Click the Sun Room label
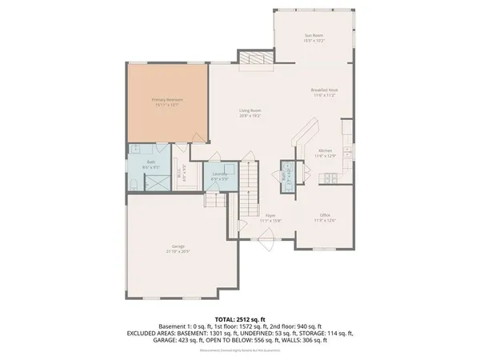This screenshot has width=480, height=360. (313, 35)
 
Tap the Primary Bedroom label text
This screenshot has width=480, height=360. (166, 100)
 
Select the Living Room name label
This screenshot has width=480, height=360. (250, 110)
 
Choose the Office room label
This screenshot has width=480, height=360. (324, 214)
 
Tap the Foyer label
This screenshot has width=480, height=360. (271, 214)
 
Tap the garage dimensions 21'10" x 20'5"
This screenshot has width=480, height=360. (178, 251)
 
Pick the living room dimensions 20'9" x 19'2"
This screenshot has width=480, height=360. (250, 116)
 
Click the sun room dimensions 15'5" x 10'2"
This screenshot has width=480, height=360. (313, 40)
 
